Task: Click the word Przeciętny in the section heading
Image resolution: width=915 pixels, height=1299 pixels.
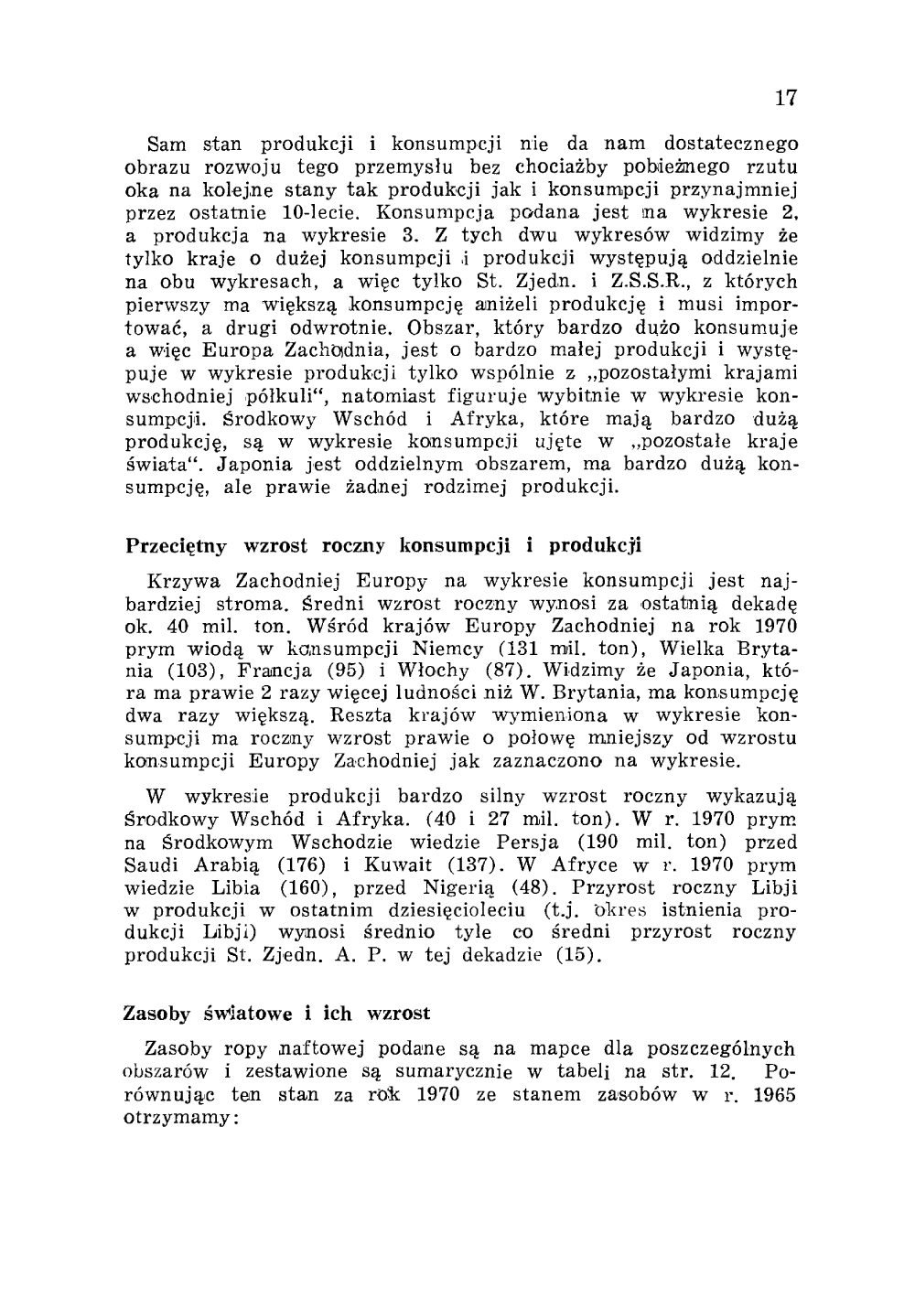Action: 174,547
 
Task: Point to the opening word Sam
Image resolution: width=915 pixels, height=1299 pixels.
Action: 166,145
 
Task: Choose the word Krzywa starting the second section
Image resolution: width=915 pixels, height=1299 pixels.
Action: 186,581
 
